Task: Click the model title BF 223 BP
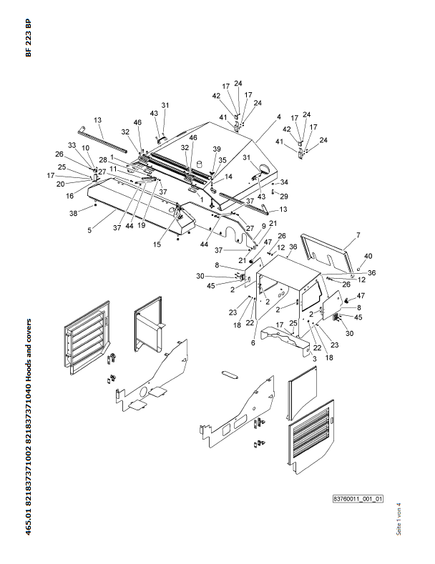[x=28, y=38]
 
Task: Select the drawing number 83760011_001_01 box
[x=358, y=498]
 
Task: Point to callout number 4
[x=279, y=117]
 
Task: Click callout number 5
[x=89, y=229]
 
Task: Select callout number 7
[x=358, y=235]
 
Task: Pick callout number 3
[x=313, y=357]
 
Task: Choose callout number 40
[x=368, y=256]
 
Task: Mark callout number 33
[x=72, y=145]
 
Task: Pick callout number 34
[x=284, y=182]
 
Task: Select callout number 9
[x=263, y=227]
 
